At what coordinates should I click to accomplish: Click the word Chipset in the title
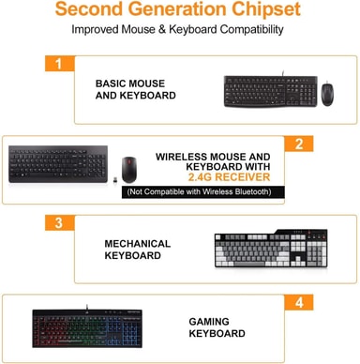pos(266,8)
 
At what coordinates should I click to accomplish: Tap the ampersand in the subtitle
pos(161,30)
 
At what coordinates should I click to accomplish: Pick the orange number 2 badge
pos(299,144)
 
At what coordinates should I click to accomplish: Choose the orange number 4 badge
pos(299,302)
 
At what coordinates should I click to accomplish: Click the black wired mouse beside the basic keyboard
pos(327,93)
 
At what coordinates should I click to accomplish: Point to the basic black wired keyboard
pos(271,91)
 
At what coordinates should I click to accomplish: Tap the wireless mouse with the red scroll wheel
pos(128,170)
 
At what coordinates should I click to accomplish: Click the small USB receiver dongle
pos(115,180)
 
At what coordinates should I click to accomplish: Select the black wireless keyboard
pos(58,164)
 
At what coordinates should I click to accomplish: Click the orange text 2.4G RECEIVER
pos(229,177)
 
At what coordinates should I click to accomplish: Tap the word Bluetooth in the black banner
pos(253,191)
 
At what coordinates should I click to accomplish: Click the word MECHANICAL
pos(138,244)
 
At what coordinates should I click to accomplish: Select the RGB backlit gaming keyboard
pos(87,327)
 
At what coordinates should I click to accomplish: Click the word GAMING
pos(209,322)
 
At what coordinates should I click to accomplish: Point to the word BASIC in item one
pos(111,83)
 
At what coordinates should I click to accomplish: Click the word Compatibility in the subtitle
pos(251,30)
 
